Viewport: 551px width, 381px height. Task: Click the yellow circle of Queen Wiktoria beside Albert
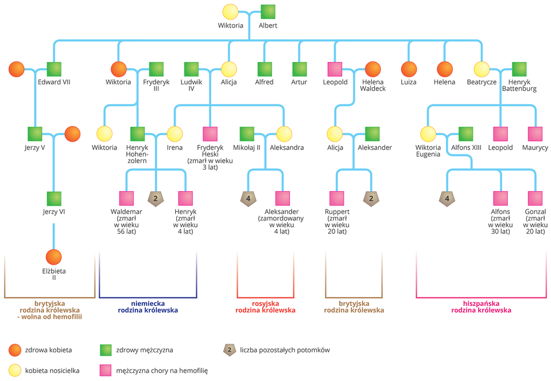[x=230, y=12]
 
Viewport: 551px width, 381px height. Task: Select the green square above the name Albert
[x=268, y=12]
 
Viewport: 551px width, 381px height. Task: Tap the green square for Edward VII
[x=54, y=69]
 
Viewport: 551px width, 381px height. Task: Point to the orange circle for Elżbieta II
[x=54, y=256]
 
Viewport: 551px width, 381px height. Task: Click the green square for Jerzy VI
[x=54, y=199]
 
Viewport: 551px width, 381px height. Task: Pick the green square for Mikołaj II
[x=247, y=134]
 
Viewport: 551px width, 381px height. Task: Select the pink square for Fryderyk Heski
[x=209, y=134]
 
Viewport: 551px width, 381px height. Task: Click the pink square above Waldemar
[x=126, y=199]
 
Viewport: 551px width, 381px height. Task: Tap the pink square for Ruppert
[x=337, y=199]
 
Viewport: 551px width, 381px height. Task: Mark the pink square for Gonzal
[x=535, y=199]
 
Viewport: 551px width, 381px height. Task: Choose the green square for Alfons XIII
[x=465, y=134]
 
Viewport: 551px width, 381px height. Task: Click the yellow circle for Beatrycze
[x=482, y=69]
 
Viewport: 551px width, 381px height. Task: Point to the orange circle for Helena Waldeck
[x=373, y=69]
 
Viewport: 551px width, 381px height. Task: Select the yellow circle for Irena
[x=174, y=134]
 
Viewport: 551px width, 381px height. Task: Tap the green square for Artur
[x=300, y=69]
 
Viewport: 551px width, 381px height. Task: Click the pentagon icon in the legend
[x=230, y=349]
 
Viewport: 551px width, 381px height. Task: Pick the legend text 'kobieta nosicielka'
[x=52, y=371]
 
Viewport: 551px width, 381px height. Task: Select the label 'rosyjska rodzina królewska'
[x=265, y=306]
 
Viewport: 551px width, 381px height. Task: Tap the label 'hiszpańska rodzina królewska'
[x=481, y=306]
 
